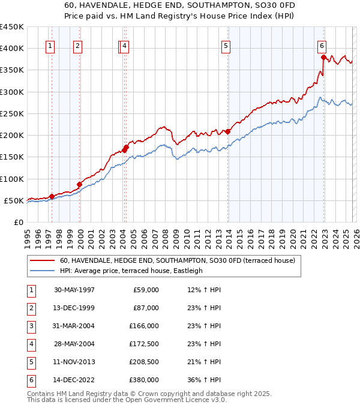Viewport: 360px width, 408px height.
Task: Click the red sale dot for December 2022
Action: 324,58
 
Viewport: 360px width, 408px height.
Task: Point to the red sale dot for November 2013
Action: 228,132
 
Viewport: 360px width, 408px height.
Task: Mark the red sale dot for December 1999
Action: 80,184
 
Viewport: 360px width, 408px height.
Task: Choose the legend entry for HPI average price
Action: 131,271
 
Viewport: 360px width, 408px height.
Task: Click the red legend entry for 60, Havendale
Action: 177,261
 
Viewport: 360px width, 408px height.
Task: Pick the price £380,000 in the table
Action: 145,380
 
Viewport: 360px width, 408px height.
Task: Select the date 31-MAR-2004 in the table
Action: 74,326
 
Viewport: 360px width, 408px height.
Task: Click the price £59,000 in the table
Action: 146,290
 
